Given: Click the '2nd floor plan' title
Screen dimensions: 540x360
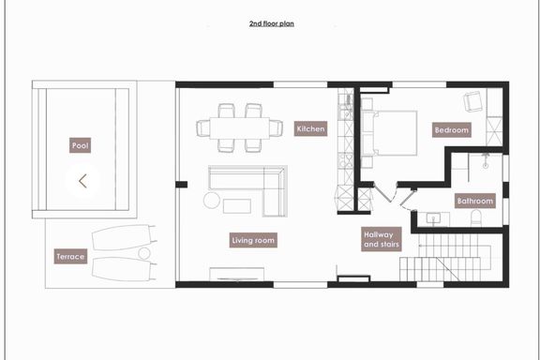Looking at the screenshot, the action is [271, 23].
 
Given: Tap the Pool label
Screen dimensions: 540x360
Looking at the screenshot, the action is [80, 145].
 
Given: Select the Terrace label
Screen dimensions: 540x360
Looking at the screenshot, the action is [70, 256].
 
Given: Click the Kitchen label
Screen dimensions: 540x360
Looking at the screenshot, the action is [310, 128].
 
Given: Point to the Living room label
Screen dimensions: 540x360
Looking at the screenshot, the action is [253, 240].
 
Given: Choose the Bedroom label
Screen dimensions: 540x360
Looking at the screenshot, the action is [452, 130].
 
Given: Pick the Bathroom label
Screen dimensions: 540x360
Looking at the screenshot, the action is [475, 201].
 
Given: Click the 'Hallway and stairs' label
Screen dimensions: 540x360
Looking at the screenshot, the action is [382, 239].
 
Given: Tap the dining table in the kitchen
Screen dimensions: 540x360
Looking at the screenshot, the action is [240, 127].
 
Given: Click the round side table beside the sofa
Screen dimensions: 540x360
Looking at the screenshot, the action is [212, 200].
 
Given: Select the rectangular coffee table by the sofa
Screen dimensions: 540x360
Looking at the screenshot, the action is [237, 206].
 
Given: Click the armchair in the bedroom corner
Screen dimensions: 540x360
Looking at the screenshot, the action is [472, 101].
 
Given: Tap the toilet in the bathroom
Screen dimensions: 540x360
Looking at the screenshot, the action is [475, 217].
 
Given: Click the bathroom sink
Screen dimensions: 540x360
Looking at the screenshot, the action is [433, 218].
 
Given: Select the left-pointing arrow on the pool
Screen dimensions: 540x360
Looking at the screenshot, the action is [82, 181].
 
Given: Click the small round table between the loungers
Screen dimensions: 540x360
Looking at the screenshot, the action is [144, 253].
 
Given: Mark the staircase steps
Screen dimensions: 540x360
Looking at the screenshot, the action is [445, 258].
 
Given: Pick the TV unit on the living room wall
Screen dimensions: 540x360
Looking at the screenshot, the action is [237, 275].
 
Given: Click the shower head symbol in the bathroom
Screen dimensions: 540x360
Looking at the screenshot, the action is [486, 160].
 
